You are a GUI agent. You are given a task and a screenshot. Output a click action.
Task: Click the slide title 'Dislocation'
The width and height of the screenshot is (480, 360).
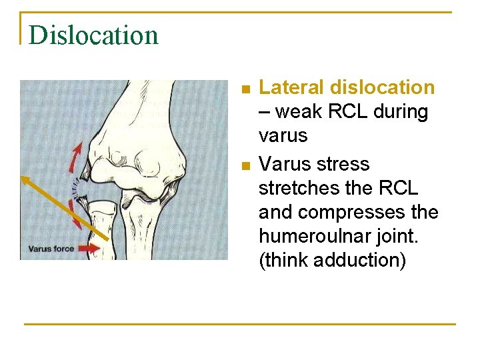pyautogui.click(x=93, y=35)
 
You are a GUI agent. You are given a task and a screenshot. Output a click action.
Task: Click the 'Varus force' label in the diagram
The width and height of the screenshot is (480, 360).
pyautogui.click(x=51, y=249)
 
